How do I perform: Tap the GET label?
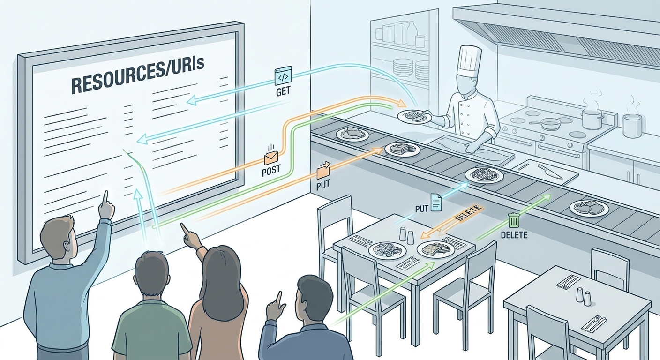point(283,91)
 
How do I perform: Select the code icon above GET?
point(283,75)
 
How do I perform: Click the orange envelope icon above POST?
point(271,157)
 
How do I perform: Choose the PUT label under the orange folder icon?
point(323,186)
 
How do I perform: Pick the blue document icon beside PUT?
point(436,202)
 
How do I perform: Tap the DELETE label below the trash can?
point(514,235)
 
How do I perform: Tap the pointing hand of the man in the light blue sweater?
point(106,206)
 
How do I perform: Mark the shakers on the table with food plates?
point(406,235)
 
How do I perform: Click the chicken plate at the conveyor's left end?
point(352,134)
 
